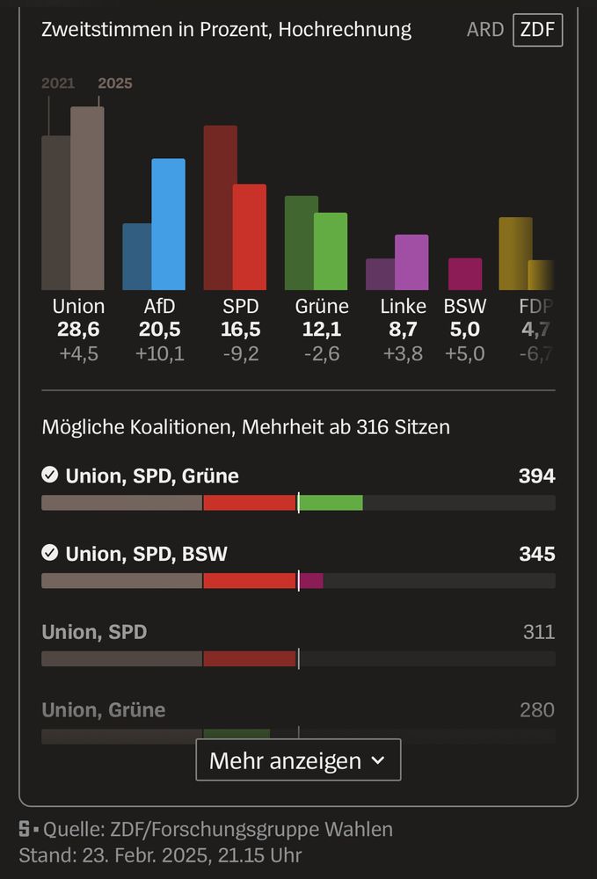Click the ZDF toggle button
point(537,30)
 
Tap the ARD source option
point(485,30)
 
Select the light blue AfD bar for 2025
point(168,224)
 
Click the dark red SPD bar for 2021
point(220,207)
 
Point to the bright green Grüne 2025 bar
point(331,251)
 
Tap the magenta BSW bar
point(465,274)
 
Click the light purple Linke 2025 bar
point(411,262)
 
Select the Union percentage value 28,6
point(78,330)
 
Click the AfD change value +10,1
point(159,354)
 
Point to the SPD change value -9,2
point(240,354)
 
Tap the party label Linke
point(403,306)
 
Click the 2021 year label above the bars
point(58,84)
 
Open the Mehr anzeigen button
point(298,760)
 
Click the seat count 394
point(536,476)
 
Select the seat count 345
point(536,554)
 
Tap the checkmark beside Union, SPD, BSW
point(50,553)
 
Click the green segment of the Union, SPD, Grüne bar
point(331,503)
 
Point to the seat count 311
point(537,631)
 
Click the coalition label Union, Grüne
point(104,709)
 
